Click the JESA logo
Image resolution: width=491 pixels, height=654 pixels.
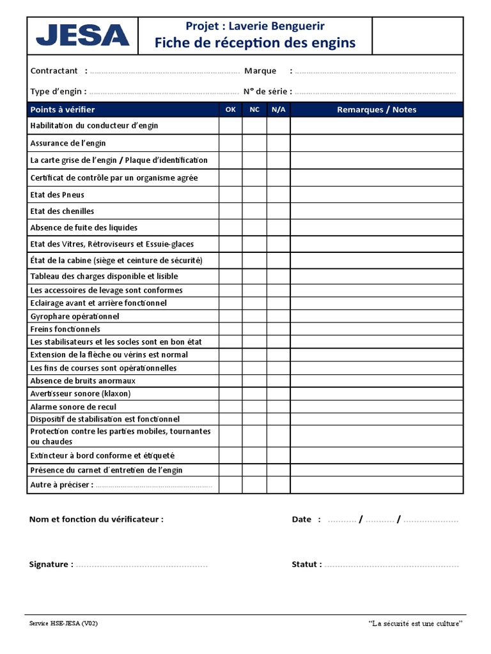tap(82, 35)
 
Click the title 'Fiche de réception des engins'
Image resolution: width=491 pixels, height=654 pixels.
tap(254, 43)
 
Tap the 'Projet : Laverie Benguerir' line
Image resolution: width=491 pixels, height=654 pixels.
tap(254, 26)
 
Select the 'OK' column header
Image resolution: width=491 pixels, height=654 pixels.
tap(231, 110)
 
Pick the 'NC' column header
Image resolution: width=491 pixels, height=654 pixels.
tap(254, 110)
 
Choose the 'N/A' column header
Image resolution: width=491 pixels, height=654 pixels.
tap(279, 110)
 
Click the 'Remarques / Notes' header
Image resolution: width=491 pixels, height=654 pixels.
tap(377, 110)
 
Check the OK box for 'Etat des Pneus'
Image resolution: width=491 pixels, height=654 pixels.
tap(231, 195)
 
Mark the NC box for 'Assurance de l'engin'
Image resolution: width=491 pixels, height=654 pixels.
tap(254, 143)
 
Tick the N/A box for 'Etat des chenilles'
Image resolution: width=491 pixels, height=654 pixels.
tap(279, 211)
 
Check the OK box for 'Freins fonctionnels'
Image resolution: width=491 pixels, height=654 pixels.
tap(231, 329)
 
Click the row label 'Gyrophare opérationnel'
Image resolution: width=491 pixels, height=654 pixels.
tap(75, 316)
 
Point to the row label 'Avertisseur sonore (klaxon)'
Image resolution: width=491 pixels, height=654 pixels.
tap(81, 393)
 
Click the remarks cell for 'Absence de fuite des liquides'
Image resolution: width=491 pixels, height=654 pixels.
tap(377, 228)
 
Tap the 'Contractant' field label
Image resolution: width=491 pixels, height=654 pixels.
tap(54, 71)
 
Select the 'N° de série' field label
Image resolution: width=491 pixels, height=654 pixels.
tap(267, 91)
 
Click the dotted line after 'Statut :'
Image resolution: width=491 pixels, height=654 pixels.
tap(392, 565)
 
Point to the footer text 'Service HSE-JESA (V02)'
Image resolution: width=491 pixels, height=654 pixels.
tap(64, 623)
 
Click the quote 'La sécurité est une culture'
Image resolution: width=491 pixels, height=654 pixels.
tap(416, 623)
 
